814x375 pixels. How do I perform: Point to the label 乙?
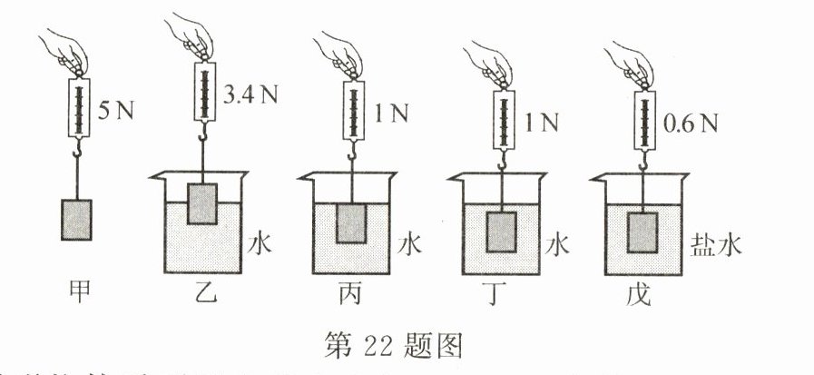(x=205, y=293)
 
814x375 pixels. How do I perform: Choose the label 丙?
(x=351, y=293)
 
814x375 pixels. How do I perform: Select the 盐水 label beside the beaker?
(x=711, y=244)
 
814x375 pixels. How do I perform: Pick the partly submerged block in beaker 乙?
(x=202, y=203)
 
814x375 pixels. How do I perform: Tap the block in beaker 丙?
(x=351, y=222)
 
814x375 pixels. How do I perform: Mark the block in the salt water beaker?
(x=643, y=231)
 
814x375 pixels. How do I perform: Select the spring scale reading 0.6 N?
(x=642, y=123)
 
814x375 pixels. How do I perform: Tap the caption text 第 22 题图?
(x=407, y=346)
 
